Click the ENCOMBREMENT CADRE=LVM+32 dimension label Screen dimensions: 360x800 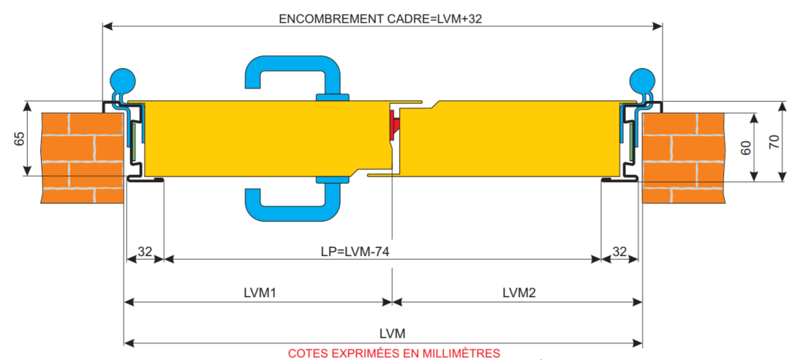pyautogui.click(x=380, y=19)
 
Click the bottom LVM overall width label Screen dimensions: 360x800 pyautogui.click(x=392, y=334)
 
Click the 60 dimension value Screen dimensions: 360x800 pyautogui.click(x=745, y=147)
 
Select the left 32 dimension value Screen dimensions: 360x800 pyautogui.click(x=145, y=251)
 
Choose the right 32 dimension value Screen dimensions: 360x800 pyautogui.click(x=619, y=251)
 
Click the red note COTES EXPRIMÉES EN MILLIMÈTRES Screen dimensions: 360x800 pyautogui.click(x=393, y=353)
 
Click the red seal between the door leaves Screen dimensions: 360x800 pyautogui.click(x=395, y=124)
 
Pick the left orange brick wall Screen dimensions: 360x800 pyautogui.click(x=80, y=157)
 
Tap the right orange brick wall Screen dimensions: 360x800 pyautogui.click(x=683, y=157)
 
